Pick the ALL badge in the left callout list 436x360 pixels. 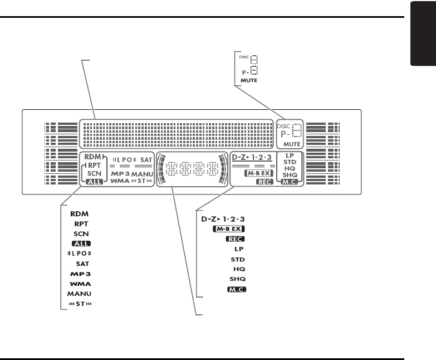81,244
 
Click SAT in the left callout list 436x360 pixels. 83,264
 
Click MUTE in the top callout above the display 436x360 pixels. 248,81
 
